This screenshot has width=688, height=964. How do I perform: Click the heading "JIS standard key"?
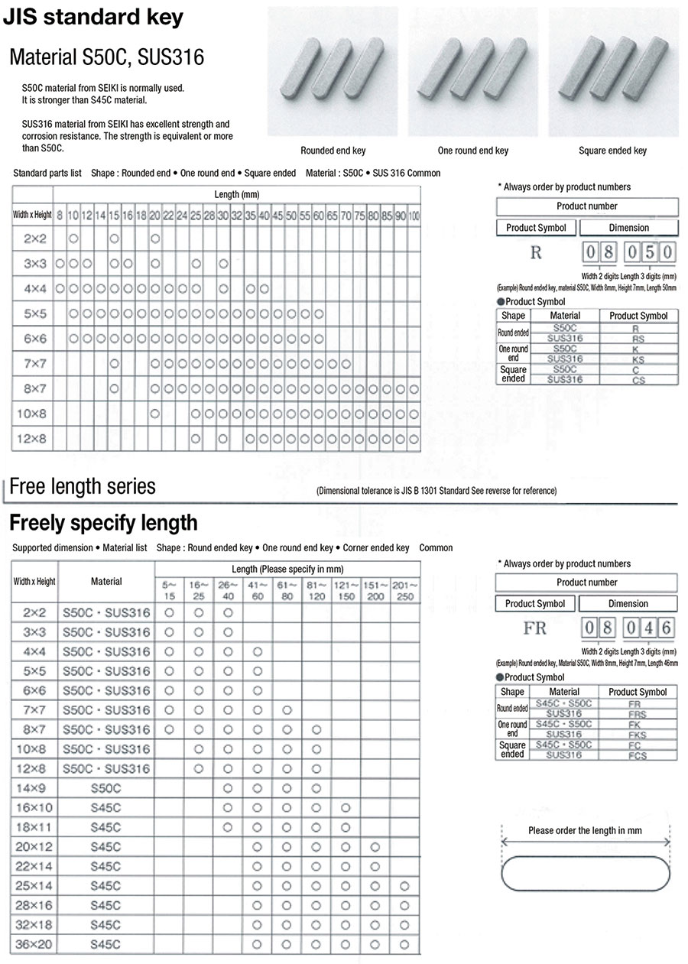pyautogui.click(x=94, y=18)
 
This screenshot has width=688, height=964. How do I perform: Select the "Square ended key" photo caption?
pyautogui.click(x=612, y=151)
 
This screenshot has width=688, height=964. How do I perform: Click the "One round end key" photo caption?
pyautogui.click(x=472, y=151)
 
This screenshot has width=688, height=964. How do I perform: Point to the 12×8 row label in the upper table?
pyautogui.click(x=34, y=440)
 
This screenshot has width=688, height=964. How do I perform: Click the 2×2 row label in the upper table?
pyautogui.click(x=34, y=239)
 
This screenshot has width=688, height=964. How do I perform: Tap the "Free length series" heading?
pyautogui.click(x=83, y=487)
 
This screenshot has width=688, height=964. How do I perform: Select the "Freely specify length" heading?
pyautogui.click(x=103, y=523)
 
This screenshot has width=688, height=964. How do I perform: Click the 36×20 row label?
pyautogui.click(x=34, y=944)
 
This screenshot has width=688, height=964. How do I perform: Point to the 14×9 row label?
pyautogui.click(x=34, y=787)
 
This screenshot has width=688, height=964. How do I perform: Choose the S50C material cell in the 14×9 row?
pyautogui.click(x=105, y=787)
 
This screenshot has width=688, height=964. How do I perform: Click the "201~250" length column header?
pyautogui.click(x=404, y=591)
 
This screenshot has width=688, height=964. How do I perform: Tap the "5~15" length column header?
pyautogui.click(x=170, y=591)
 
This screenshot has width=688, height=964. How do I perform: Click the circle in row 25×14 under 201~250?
pyautogui.click(x=404, y=885)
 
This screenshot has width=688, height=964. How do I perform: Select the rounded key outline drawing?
pyautogui.click(x=586, y=874)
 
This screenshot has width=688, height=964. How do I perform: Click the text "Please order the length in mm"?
pyautogui.click(x=585, y=830)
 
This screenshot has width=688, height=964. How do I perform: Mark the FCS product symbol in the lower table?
pyautogui.click(x=638, y=755)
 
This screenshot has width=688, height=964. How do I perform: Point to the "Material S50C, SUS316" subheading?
pyautogui.click(x=106, y=57)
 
